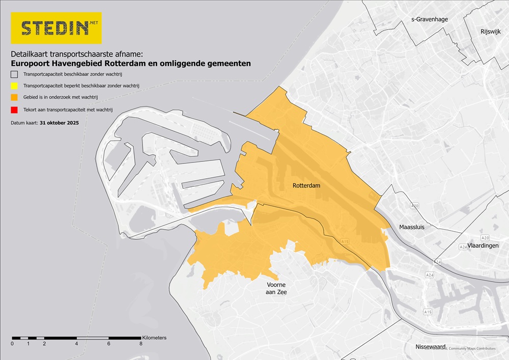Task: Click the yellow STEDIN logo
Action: coord(56,28)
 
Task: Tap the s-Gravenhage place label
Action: coord(429,19)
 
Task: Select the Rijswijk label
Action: coord(491,32)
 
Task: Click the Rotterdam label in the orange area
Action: coord(306,186)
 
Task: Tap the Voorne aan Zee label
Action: coord(276,288)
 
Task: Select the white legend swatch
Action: coord(15,74)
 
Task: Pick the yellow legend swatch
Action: coord(15,86)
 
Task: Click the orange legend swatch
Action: coord(15,98)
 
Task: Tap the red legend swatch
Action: coord(15,109)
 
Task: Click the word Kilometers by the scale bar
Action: coord(154,338)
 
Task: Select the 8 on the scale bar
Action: coord(140,344)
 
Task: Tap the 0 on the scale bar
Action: coord(12,344)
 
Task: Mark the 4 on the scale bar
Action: coord(76,344)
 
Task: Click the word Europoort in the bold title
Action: coord(31,64)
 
